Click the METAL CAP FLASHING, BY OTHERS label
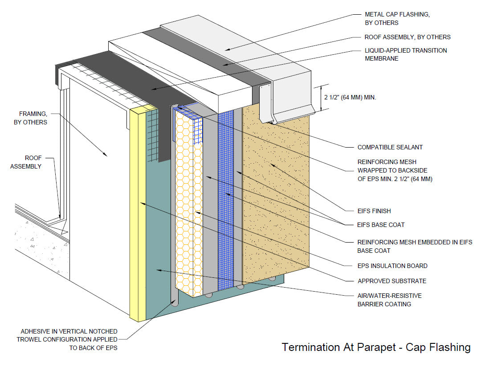coord(397,18)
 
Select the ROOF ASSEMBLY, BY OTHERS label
coord(408,37)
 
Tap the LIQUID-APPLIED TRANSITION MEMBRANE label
coord(406,54)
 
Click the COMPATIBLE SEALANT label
coord(390,147)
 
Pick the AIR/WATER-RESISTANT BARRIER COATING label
coord(390,300)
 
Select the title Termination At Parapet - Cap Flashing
coord(376,347)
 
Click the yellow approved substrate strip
coord(138,214)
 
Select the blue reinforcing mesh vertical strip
coord(226,201)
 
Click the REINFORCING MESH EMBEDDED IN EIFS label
coord(415,246)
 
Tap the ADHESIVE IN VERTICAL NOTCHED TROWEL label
coord(69,339)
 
